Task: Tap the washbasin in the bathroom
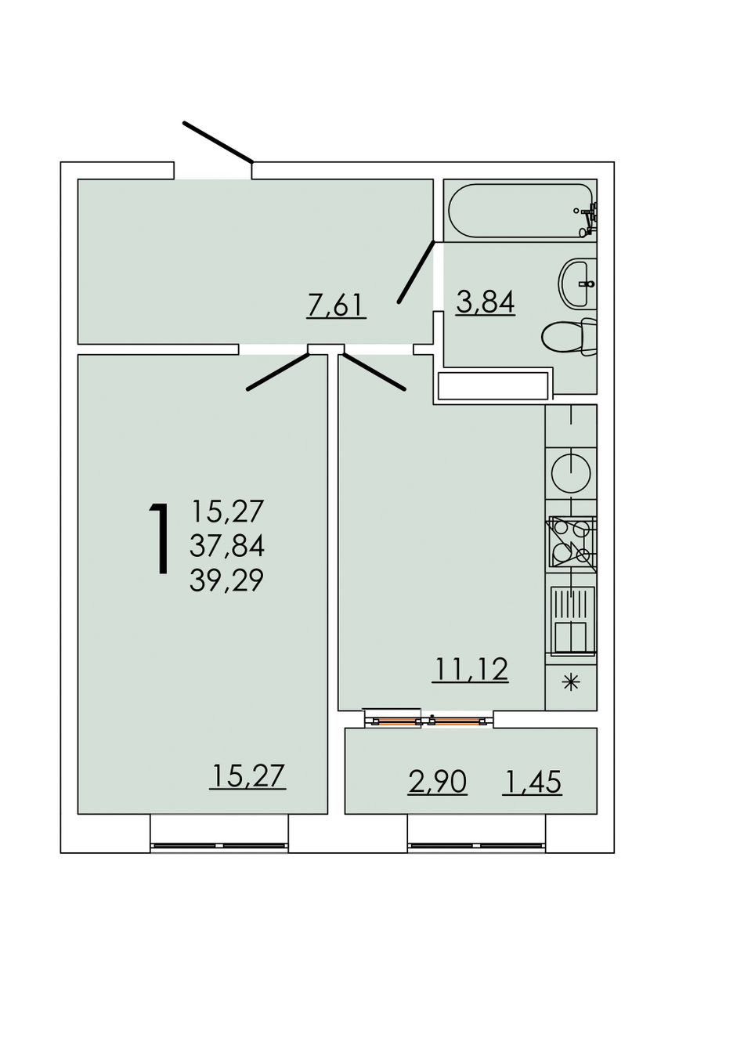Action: (x=577, y=283)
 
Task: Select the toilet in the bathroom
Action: (x=569, y=337)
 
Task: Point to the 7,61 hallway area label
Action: (x=336, y=305)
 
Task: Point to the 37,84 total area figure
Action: (x=227, y=545)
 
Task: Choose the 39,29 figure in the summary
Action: (x=226, y=580)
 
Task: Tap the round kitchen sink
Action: (x=571, y=470)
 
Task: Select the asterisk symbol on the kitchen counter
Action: (x=571, y=682)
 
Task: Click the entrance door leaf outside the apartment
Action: (x=219, y=142)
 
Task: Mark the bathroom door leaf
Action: (x=416, y=272)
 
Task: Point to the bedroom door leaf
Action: (x=278, y=371)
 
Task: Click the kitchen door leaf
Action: (x=374, y=371)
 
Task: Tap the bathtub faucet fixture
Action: (x=588, y=219)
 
